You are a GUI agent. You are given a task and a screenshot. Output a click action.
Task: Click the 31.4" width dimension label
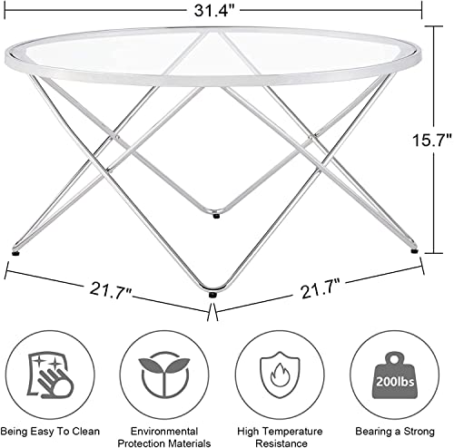pyautogui.click(x=214, y=11)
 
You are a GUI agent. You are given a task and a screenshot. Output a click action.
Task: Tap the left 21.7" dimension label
pyautogui.click(x=111, y=291)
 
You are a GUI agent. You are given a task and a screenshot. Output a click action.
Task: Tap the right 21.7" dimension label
pyautogui.click(x=321, y=289)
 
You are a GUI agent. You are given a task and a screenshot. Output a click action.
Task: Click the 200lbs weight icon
pyautogui.click(x=394, y=375)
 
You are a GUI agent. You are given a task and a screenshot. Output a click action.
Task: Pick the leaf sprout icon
pyautogui.click(x=164, y=375)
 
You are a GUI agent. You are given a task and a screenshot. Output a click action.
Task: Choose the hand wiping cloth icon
pyautogui.click(x=50, y=375)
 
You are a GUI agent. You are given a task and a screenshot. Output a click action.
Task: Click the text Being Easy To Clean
pyautogui.click(x=50, y=431)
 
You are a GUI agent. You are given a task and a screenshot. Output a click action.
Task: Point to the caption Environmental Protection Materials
pyautogui.click(x=164, y=437)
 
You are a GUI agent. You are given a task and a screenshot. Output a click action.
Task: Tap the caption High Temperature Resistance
pyautogui.click(x=280, y=437)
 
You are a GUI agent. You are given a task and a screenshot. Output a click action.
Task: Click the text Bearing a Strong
pyautogui.click(x=395, y=432)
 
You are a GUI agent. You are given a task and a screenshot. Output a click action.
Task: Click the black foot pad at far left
pyautogui.click(x=15, y=253)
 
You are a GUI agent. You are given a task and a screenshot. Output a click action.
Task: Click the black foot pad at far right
pyautogui.click(x=414, y=251)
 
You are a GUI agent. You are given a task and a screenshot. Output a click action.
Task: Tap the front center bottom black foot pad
pyautogui.click(x=213, y=295)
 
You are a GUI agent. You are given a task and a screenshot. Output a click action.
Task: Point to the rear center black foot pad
pyautogui.click(x=216, y=216)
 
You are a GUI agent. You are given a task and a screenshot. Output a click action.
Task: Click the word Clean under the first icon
pyautogui.click(x=85, y=431)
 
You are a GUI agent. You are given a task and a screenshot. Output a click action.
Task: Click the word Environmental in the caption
pyautogui.click(x=164, y=431)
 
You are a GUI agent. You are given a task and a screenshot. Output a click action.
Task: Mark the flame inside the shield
pyautogui.click(x=280, y=375)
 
